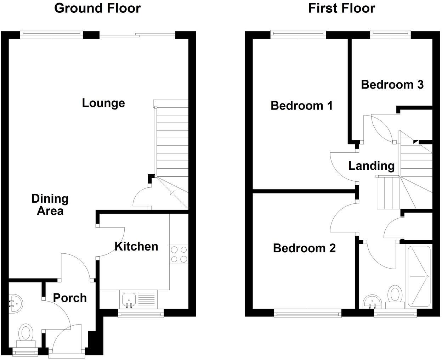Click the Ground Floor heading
coord(97,8)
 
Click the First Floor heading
coord(341,8)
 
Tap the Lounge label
coord(103,103)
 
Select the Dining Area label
coord(50,205)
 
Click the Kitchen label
coord(136,246)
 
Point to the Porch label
coord(70,298)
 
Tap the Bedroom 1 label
coord(301,106)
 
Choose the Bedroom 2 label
coord(304,248)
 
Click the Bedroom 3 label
coord(392,85)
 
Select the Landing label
coord(371,165)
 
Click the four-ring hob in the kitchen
coord(179,254)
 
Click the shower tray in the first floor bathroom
coord(419,276)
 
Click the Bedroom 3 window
coord(390,34)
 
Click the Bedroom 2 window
coord(307,313)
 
